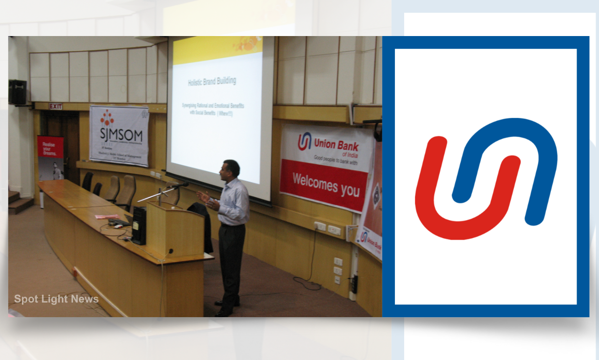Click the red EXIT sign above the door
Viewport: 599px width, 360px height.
[56, 106]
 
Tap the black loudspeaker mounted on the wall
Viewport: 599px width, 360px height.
[18, 92]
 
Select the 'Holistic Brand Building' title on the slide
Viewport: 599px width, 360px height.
[212, 82]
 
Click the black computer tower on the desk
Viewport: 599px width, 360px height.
[139, 226]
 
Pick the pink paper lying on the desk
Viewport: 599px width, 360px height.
[106, 216]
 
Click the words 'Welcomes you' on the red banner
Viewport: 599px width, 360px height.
[326, 184]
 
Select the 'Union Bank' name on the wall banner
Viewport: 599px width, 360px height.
[336, 145]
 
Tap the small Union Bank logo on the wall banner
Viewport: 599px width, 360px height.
[305, 141]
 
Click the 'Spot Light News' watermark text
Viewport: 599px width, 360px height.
[56, 299]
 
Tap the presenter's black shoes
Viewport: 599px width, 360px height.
[225, 309]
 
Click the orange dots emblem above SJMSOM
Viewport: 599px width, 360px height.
[107, 118]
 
